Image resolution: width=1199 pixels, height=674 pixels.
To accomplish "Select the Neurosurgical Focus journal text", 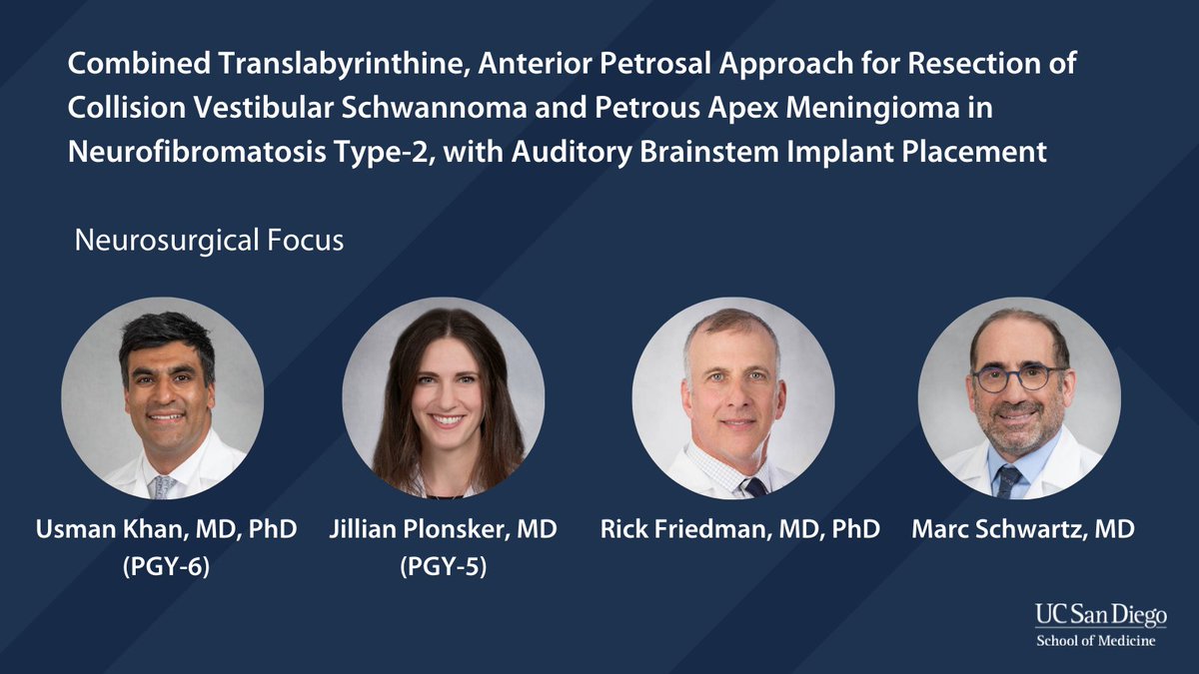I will [x=210, y=242].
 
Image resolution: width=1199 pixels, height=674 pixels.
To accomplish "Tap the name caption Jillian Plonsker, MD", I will [x=443, y=529].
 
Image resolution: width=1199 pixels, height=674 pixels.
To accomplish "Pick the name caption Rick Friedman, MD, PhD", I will [x=739, y=529].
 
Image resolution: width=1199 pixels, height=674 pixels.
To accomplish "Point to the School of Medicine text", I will [x=1095, y=640].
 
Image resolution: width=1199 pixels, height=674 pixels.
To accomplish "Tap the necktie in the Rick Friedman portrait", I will [x=755, y=486].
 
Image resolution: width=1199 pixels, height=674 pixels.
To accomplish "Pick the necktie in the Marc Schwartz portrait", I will [x=1009, y=481].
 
